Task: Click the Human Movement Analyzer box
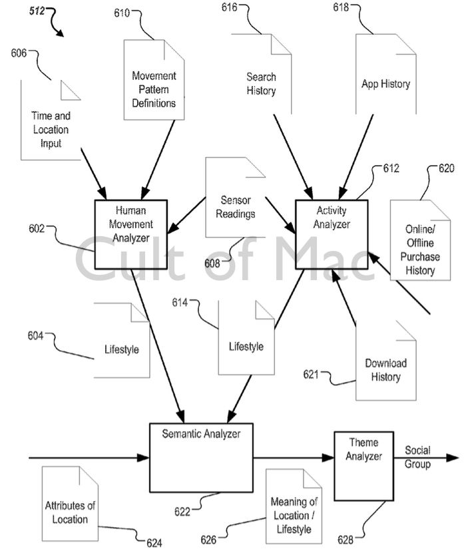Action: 130,232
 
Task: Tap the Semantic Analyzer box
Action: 200,457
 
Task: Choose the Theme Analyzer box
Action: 363,464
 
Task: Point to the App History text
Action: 385,84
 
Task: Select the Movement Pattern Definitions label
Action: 153,89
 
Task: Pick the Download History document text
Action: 385,370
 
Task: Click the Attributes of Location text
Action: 70,512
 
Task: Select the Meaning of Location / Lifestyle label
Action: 294,515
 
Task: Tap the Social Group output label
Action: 417,457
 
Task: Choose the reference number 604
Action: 35,336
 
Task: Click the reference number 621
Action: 311,375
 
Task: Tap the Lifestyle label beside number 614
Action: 246,347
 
